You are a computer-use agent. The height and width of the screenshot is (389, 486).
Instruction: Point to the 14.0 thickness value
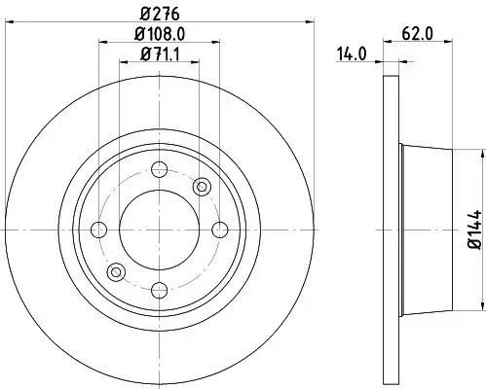pos(352,55)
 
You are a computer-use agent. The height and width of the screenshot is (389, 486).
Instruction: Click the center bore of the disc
pos(159,229)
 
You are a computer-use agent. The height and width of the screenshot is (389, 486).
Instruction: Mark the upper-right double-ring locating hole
pos(203,186)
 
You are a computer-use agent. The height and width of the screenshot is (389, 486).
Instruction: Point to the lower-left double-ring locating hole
pos(116,271)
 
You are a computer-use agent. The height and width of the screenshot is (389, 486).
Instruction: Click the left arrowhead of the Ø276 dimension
pos(11,19)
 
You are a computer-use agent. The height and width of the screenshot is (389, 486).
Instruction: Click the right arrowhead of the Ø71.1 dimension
pos(194,62)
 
